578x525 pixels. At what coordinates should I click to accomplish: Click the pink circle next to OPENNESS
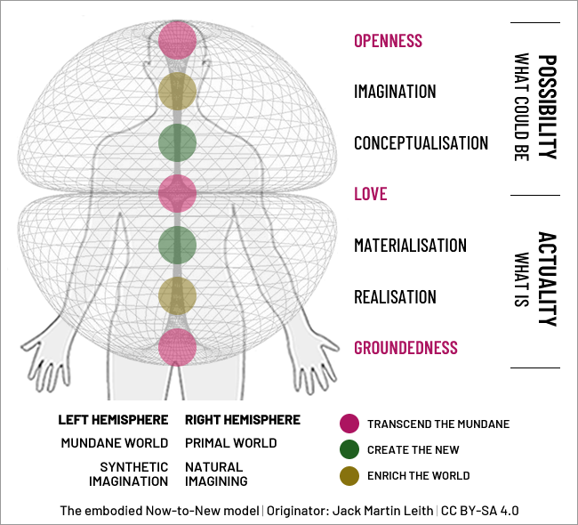click(x=177, y=40)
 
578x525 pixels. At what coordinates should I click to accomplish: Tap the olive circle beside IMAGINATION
click(x=177, y=91)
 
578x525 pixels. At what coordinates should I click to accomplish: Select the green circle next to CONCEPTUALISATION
click(x=177, y=142)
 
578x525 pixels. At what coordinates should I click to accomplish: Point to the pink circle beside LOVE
click(x=177, y=194)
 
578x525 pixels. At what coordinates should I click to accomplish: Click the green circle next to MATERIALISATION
click(x=177, y=245)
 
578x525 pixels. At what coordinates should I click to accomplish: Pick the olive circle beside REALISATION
click(x=177, y=296)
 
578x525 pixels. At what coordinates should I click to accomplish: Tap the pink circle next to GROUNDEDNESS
click(x=177, y=347)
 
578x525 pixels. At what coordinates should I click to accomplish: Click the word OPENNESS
click(x=389, y=41)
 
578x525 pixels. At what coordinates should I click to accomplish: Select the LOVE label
click(x=371, y=194)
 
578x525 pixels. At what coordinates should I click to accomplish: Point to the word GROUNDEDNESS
click(x=405, y=348)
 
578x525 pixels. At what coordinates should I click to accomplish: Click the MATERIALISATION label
click(x=410, y=246)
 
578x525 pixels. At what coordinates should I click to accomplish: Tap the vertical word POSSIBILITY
click(x=548, y=107)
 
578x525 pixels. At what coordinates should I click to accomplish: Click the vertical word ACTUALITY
click(x=548, y=279)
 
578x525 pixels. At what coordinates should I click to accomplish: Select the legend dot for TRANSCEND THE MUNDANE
click(x=349, y=424)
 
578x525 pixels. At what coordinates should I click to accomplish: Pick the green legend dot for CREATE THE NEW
click(x=349, y=449)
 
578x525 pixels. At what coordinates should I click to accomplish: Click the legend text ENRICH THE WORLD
click(x=419, y=475)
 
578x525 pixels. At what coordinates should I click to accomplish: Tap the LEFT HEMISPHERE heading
click(x=113, y=420)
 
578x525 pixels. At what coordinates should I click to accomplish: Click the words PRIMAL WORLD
click(x=231, y=443)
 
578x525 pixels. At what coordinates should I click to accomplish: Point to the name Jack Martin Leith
click(x=382, y=511)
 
